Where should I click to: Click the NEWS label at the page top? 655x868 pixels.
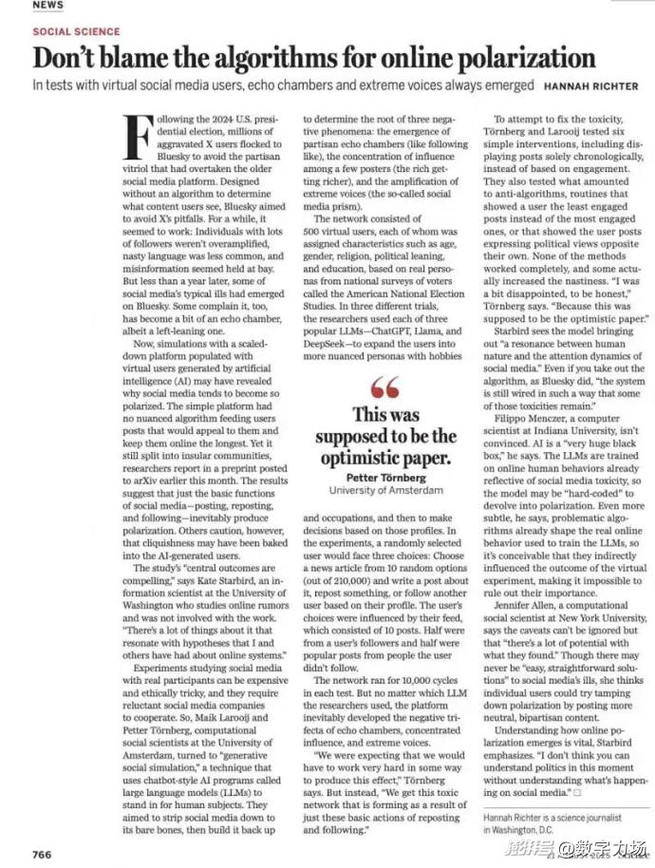[x=47, y=5]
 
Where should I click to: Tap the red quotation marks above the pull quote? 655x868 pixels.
[x=385, y=387]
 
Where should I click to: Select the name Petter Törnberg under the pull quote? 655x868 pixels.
[x=385, y=477]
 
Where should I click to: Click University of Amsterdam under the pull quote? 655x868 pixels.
[x=385, y=490]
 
